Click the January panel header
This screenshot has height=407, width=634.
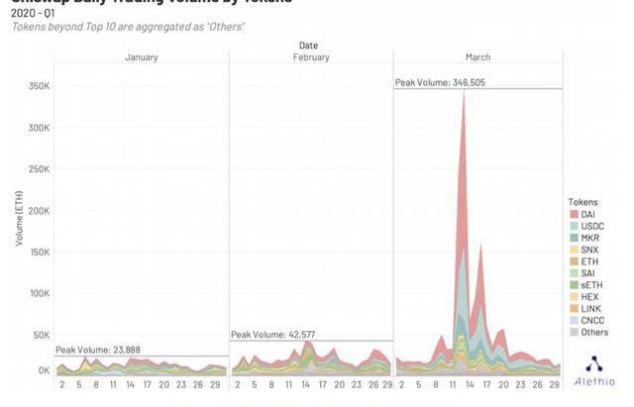pyautogui.click(x=141, y=57)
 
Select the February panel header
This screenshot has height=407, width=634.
pyautogui.click(x=311, y=57)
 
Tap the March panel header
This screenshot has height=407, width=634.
pyautogui.click(x=477, y=57)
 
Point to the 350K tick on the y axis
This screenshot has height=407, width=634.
pyautogui.click(x=38, y=87)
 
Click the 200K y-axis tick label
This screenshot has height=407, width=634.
pyautogui.click(x=38, y=211)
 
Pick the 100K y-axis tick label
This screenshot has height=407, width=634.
pyautogui.click(x=38, y=294)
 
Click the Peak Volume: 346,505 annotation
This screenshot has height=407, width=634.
pyautogui.click(x=441, y=83)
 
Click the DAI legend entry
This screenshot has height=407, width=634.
pyautogui.click(x=588, y=214)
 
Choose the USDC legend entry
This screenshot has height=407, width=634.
pyautogui.click(x=592, y=226)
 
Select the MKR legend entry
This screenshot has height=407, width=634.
pyautogui.click(x=589, y=238)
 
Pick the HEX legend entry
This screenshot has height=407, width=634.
pyautogui.click(x=589, y=297)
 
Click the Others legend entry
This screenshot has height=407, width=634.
pyautogui.click(x=594, y=333)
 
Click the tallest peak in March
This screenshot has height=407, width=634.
pyautogui.click(x=463, y=91)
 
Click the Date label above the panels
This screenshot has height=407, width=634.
pyautogui.click(x=308, y=46)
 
